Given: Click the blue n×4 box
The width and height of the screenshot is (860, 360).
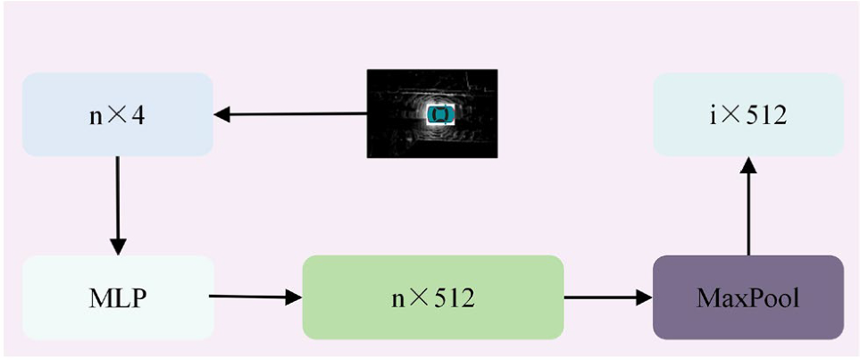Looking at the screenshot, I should coord(117,114).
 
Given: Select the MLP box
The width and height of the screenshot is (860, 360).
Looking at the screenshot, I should coord(118,297).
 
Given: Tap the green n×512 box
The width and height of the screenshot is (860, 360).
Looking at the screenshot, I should coord(433,297).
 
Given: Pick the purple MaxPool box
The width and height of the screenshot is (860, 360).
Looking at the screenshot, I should coord(748,297).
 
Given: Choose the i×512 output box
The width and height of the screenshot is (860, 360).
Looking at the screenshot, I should coord(748,115).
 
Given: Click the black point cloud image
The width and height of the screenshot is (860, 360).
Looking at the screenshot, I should coord(432,113).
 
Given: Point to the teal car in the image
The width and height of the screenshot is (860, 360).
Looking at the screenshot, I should coord(441,114).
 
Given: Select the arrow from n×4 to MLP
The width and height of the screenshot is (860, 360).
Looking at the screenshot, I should coord(117,205).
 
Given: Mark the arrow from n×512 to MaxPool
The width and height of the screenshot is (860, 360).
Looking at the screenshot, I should coord(608,297).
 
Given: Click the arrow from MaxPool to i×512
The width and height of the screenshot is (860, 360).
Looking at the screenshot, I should coord(748,210).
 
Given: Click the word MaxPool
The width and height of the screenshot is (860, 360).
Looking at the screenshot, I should coord(748,297).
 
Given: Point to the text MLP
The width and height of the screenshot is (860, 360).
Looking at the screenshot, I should coord(118,297).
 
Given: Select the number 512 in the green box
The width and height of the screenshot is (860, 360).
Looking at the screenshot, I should coord(451,297).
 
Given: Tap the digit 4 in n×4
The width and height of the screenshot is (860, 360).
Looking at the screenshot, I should coord(139,114).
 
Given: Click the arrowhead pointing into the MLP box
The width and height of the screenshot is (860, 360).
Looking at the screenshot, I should coord(117,245).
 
